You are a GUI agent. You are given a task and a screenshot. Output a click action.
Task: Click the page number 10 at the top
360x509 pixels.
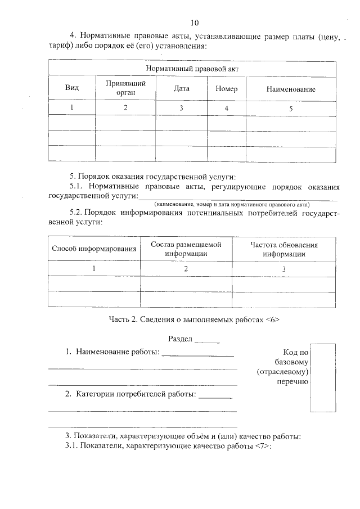(x=195, y=23)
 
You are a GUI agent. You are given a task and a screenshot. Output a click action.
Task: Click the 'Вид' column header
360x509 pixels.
(x=72, y=89)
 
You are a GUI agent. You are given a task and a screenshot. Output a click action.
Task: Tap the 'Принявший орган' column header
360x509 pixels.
(x=125, y=88)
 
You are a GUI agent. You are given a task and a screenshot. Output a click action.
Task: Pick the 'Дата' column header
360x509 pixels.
(x=181, y=89)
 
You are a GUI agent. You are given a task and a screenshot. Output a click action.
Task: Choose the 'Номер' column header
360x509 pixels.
(x=226, y=89)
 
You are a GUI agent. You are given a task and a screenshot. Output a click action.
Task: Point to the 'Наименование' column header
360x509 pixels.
(x=291, y=89)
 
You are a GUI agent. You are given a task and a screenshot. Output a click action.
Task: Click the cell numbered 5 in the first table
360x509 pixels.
(x=291, y=108)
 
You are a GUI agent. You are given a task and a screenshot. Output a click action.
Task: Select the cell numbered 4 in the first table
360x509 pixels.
(x=226, y=107)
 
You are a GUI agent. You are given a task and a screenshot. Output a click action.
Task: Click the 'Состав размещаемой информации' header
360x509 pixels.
(x=186, y=249)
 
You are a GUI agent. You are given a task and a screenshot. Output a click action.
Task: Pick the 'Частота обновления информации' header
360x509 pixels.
(x=284, y=249)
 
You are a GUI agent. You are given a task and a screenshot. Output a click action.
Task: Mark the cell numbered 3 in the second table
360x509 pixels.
(x=284, y=269)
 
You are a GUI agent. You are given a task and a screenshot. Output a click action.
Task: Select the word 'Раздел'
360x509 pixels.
(x=181, y=340)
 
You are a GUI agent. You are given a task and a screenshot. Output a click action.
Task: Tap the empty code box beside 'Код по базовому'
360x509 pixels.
(x=323, y=378)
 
